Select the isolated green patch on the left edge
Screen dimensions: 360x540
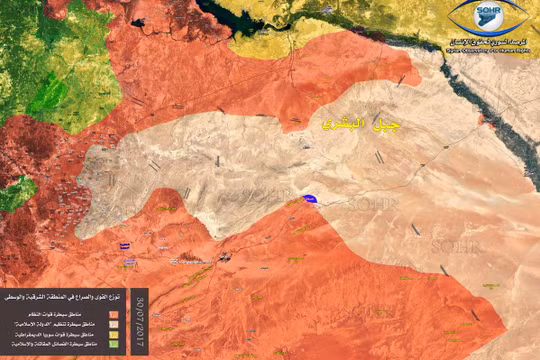(x=13, y=193)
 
